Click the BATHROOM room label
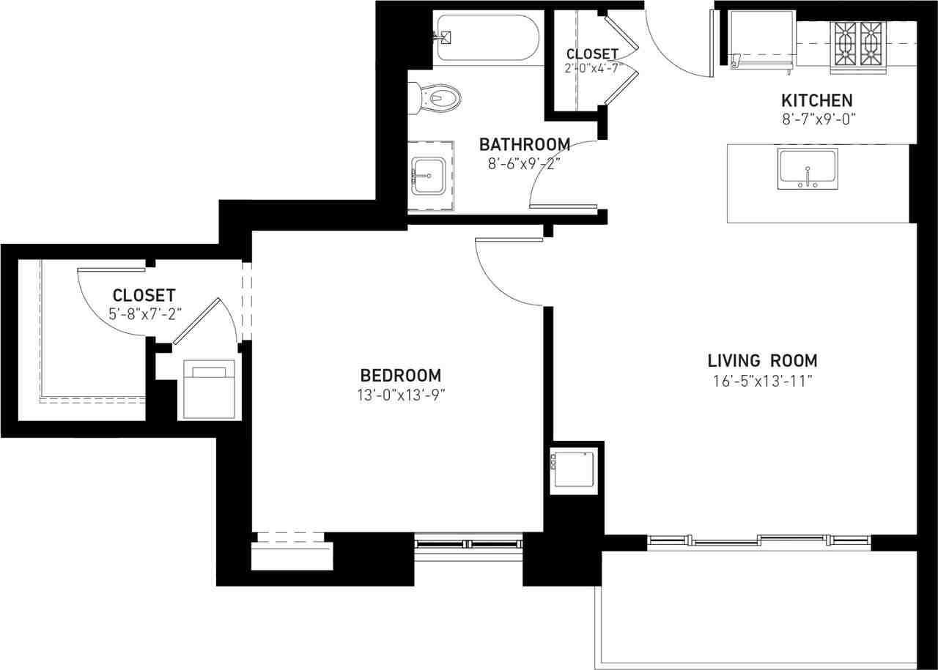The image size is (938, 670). [x=524, y=144]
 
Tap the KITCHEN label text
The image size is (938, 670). [x=816, y=100]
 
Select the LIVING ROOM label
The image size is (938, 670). [x=763, y=360]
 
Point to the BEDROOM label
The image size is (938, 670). [x=401, y=376]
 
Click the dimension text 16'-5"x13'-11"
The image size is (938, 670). [x=763, y=381]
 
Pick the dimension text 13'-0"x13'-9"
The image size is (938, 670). [x=401, y=395]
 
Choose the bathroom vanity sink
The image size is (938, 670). [x=429, y=176]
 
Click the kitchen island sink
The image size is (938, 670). [x=808, y=168]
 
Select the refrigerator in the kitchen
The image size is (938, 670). [x=762, y=41]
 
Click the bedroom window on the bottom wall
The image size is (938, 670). [x=468, y=544]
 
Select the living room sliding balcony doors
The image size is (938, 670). [x=759, y=541]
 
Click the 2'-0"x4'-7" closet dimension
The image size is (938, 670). [x=591, y=68]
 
